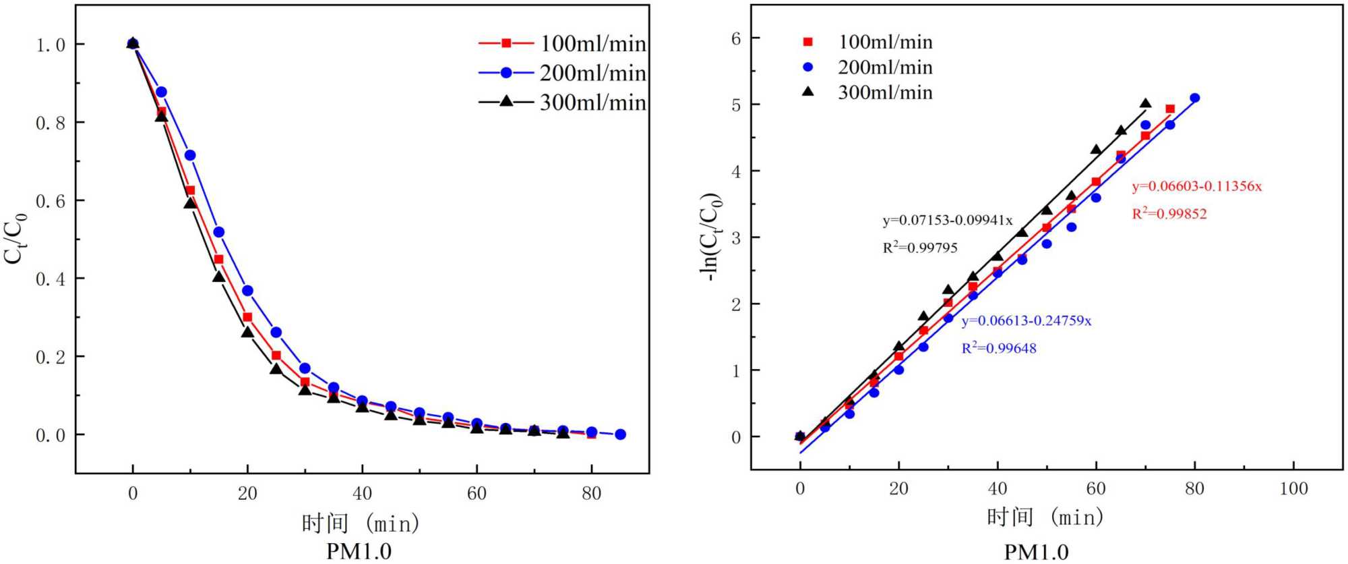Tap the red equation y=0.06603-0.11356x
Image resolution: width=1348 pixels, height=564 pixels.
pos(1196,186)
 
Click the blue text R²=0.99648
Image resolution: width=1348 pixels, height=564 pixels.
pos(999,348)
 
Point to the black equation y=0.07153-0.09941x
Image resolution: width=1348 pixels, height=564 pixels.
pos(948,221)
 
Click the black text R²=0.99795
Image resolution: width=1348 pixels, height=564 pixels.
pos(920,248)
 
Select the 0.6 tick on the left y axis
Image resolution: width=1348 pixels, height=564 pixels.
pos(51,201)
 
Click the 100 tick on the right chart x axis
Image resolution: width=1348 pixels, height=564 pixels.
pos(1293,488)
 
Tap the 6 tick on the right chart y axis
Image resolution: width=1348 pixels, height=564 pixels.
pos(736,38)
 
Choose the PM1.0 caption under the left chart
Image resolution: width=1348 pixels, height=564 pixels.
pos(359,551)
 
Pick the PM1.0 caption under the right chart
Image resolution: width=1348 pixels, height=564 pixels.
pos(1036,553)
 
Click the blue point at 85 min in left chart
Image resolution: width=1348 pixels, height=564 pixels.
pos(621,434)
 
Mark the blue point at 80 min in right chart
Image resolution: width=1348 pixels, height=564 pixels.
pos(1195,98)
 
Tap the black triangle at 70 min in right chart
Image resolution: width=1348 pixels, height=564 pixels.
pos(1145,104)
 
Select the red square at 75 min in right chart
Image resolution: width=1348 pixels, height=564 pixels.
pos(1170,109)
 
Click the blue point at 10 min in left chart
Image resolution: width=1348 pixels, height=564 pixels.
pos(190,155)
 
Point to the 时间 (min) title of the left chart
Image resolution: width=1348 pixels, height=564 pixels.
pos(361,523)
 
